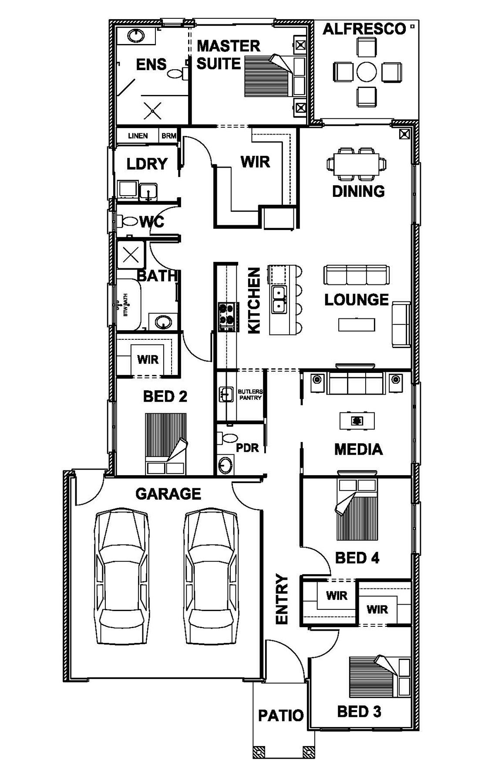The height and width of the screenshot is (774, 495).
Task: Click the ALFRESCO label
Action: point(364,29)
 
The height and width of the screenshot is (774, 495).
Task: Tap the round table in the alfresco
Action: point(367,71)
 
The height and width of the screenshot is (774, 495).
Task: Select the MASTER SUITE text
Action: point(229,55)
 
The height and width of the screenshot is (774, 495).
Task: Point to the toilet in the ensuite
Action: point(177,73)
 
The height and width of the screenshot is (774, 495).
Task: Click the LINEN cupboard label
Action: point(138,136)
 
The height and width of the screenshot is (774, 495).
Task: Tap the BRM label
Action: point(169,136)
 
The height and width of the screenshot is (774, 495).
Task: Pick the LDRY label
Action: point(147,164)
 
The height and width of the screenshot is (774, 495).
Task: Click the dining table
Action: point(357,164)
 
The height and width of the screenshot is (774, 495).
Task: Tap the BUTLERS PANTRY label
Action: point(250,395)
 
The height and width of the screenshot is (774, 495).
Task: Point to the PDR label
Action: point(247,447)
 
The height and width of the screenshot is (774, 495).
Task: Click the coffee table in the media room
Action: point(357,421)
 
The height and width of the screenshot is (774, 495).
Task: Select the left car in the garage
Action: point(121,576)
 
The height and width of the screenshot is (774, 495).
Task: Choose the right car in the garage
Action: point(212,576)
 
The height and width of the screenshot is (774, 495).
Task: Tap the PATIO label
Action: point(281,715)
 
